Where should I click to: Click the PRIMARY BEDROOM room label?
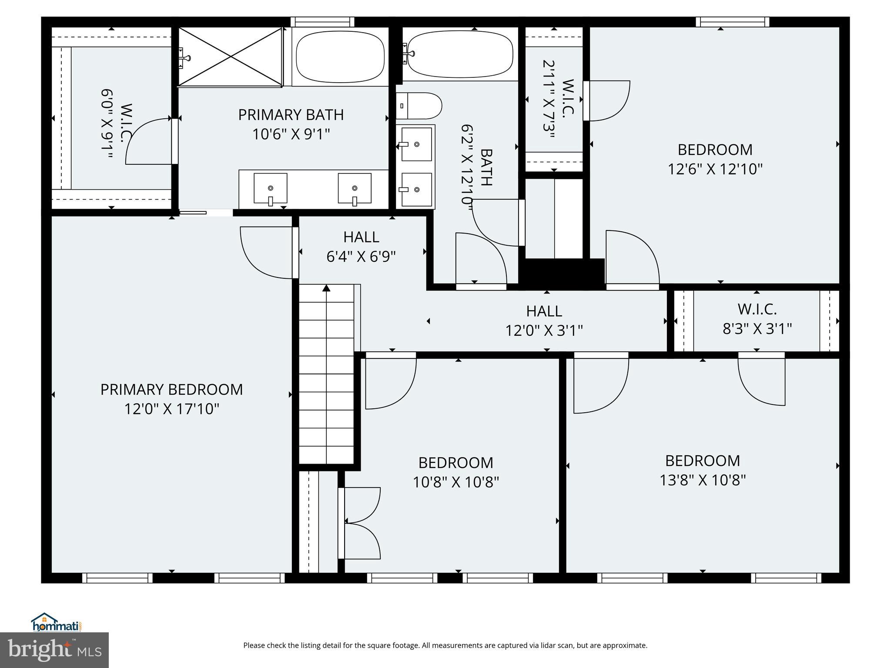click(171, 389)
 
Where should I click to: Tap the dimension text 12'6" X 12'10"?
click(715, 169)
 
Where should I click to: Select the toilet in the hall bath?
click(419, 106)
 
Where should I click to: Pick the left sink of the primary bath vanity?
click(270, 188)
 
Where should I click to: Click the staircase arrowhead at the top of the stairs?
click(326, 288)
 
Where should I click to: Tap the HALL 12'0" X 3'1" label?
click(544, 321)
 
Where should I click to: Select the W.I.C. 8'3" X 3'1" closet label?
click(757, 319)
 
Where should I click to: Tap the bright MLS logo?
click(54, 650)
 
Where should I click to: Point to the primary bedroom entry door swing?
click(266, 252)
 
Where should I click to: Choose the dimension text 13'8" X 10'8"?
click(703, 480)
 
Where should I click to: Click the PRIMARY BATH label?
click(291, 115)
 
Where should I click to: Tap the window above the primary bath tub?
click(322, 22)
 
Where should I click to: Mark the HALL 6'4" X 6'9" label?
click(361, 247)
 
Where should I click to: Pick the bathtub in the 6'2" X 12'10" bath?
click(460, 54)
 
